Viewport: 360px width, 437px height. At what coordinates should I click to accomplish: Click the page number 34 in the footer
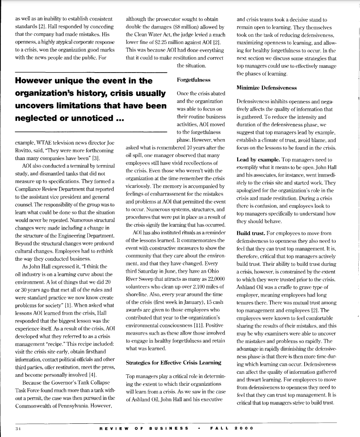tap(17, 427)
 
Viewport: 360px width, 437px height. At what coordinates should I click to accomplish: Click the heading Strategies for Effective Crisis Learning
tap(173, 363)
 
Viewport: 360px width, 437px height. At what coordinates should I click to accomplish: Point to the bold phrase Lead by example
tap(255, 159)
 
